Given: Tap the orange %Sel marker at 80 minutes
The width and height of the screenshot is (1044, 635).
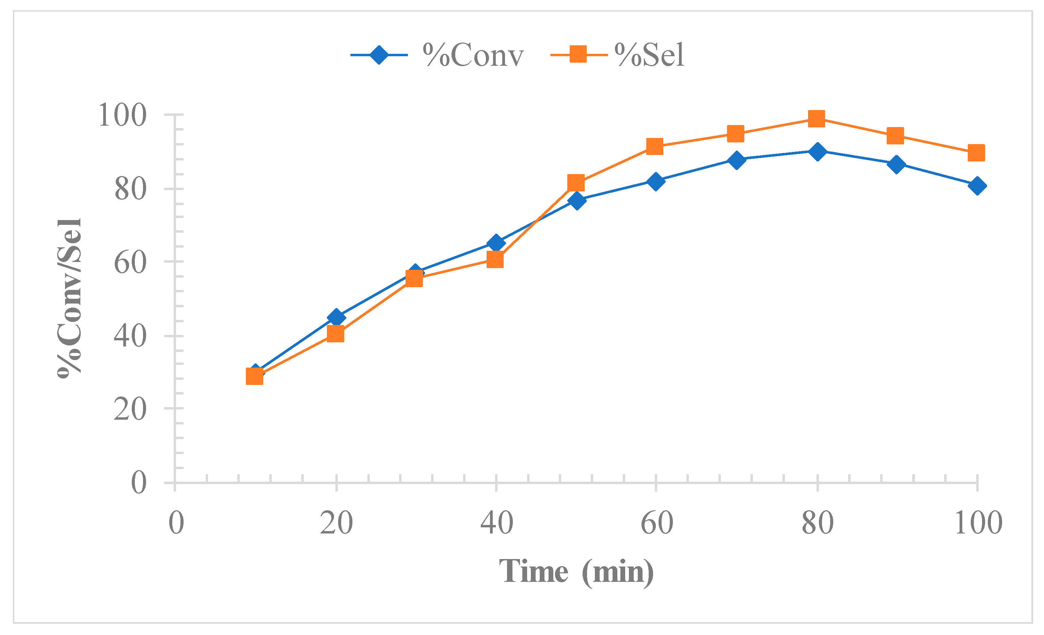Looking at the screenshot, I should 816,119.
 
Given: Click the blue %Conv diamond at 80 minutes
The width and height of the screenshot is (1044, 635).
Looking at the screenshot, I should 817,151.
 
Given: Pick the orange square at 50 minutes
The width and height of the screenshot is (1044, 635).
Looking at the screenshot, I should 575,183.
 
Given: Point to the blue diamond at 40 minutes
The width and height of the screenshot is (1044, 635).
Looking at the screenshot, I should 496,243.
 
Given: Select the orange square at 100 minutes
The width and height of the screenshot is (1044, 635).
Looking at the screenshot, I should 976,153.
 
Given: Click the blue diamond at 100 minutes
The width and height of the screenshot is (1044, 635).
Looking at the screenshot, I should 977,186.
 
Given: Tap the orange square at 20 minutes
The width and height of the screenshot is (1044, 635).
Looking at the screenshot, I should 335,335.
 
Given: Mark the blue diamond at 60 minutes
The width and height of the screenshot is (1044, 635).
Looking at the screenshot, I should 655,182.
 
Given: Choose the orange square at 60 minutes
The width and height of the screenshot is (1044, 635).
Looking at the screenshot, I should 654,147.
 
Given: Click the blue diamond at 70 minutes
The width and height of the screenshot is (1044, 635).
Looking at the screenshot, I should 737,160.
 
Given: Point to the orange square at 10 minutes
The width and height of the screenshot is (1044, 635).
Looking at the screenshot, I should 254,376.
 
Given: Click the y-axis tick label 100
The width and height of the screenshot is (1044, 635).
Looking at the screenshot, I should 122,115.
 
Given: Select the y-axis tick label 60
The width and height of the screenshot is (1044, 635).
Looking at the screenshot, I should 130,263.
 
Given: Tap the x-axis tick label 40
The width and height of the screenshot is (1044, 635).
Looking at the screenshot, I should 496,523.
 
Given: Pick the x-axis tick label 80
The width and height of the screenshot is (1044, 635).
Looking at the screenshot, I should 817,523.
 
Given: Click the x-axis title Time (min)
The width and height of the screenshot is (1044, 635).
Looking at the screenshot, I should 576,572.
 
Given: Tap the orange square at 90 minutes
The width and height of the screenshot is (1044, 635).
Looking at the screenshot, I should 895,136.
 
